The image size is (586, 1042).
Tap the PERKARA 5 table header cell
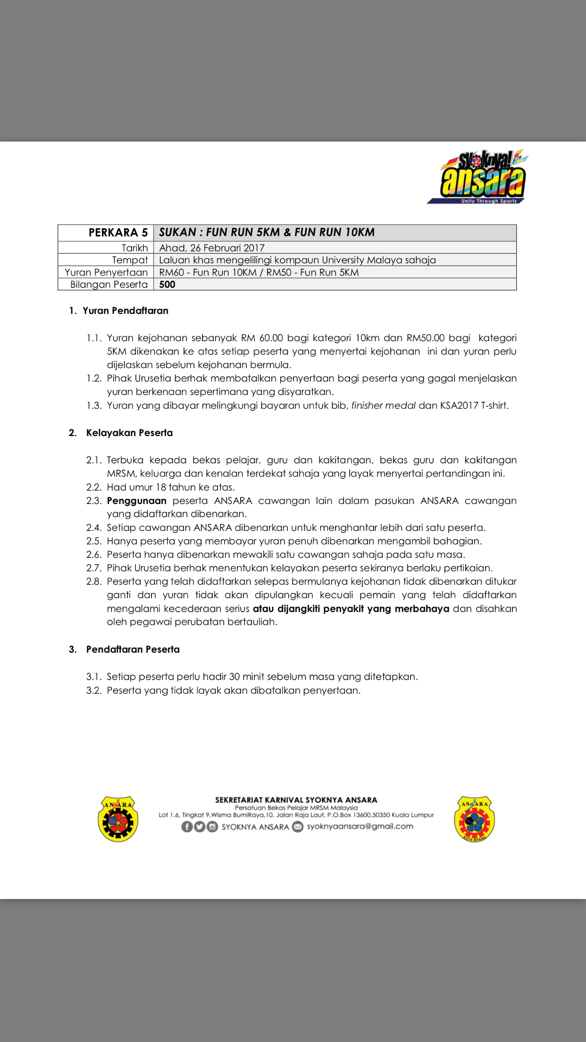(x=118, y=233)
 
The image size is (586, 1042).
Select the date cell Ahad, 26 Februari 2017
(x=212, y=248)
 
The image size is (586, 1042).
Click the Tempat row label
(x=130, y=260)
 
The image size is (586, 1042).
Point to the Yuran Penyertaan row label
(x=106, y=272)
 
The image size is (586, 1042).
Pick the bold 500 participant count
(x=167, y=285)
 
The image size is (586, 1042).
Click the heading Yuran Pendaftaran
(x=126, y=311)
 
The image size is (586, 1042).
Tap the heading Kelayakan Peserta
(x=129, y=433)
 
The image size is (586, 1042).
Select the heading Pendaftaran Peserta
(x=133, y=649)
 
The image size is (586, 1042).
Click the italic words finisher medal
(x=384, y=405)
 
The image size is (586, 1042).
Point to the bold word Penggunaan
(x=137, y=501)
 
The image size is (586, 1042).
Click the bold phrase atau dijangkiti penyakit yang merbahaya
(x=351, y=609)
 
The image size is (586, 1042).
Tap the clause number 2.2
(x=94, y=487)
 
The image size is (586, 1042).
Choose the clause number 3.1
(x=94, y=677)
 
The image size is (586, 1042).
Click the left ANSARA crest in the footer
(x=118, y=819)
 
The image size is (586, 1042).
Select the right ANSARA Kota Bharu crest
(x=474, y=819)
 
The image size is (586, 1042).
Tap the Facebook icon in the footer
(x=187, y=827)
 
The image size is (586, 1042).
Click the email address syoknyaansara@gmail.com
(x=360, y=826)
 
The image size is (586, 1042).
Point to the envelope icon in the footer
(x=298, y=827)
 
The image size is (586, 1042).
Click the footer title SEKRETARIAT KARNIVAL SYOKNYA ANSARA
(x=296, y=800)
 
